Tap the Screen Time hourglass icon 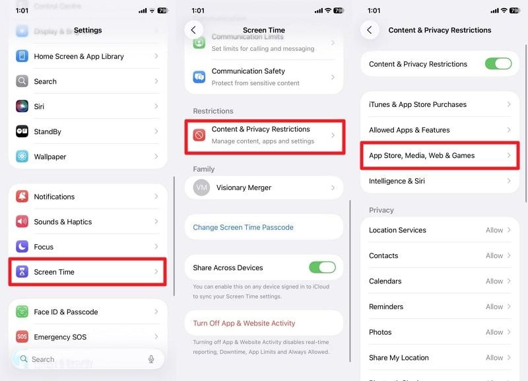[22, 272]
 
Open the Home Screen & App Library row [79, 56]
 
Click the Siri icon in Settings [22, 106]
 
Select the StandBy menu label [48, 131]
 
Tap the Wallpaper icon [22, 156]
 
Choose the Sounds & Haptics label [63, 222]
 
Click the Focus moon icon [22, 247]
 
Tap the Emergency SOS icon [22, 337]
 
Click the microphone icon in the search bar [151, 359]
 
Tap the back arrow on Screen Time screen [193, 30]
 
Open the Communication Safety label [248, 71]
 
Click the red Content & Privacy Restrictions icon [199, 135]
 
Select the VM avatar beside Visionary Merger [201, 188]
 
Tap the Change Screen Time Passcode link [243, 227]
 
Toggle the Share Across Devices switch [322, 267]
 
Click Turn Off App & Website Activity [244, 323]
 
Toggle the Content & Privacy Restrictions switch [498, 64]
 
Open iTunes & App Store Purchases [418, 104]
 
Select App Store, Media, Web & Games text [422, 155]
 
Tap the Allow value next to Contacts [494, 256]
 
